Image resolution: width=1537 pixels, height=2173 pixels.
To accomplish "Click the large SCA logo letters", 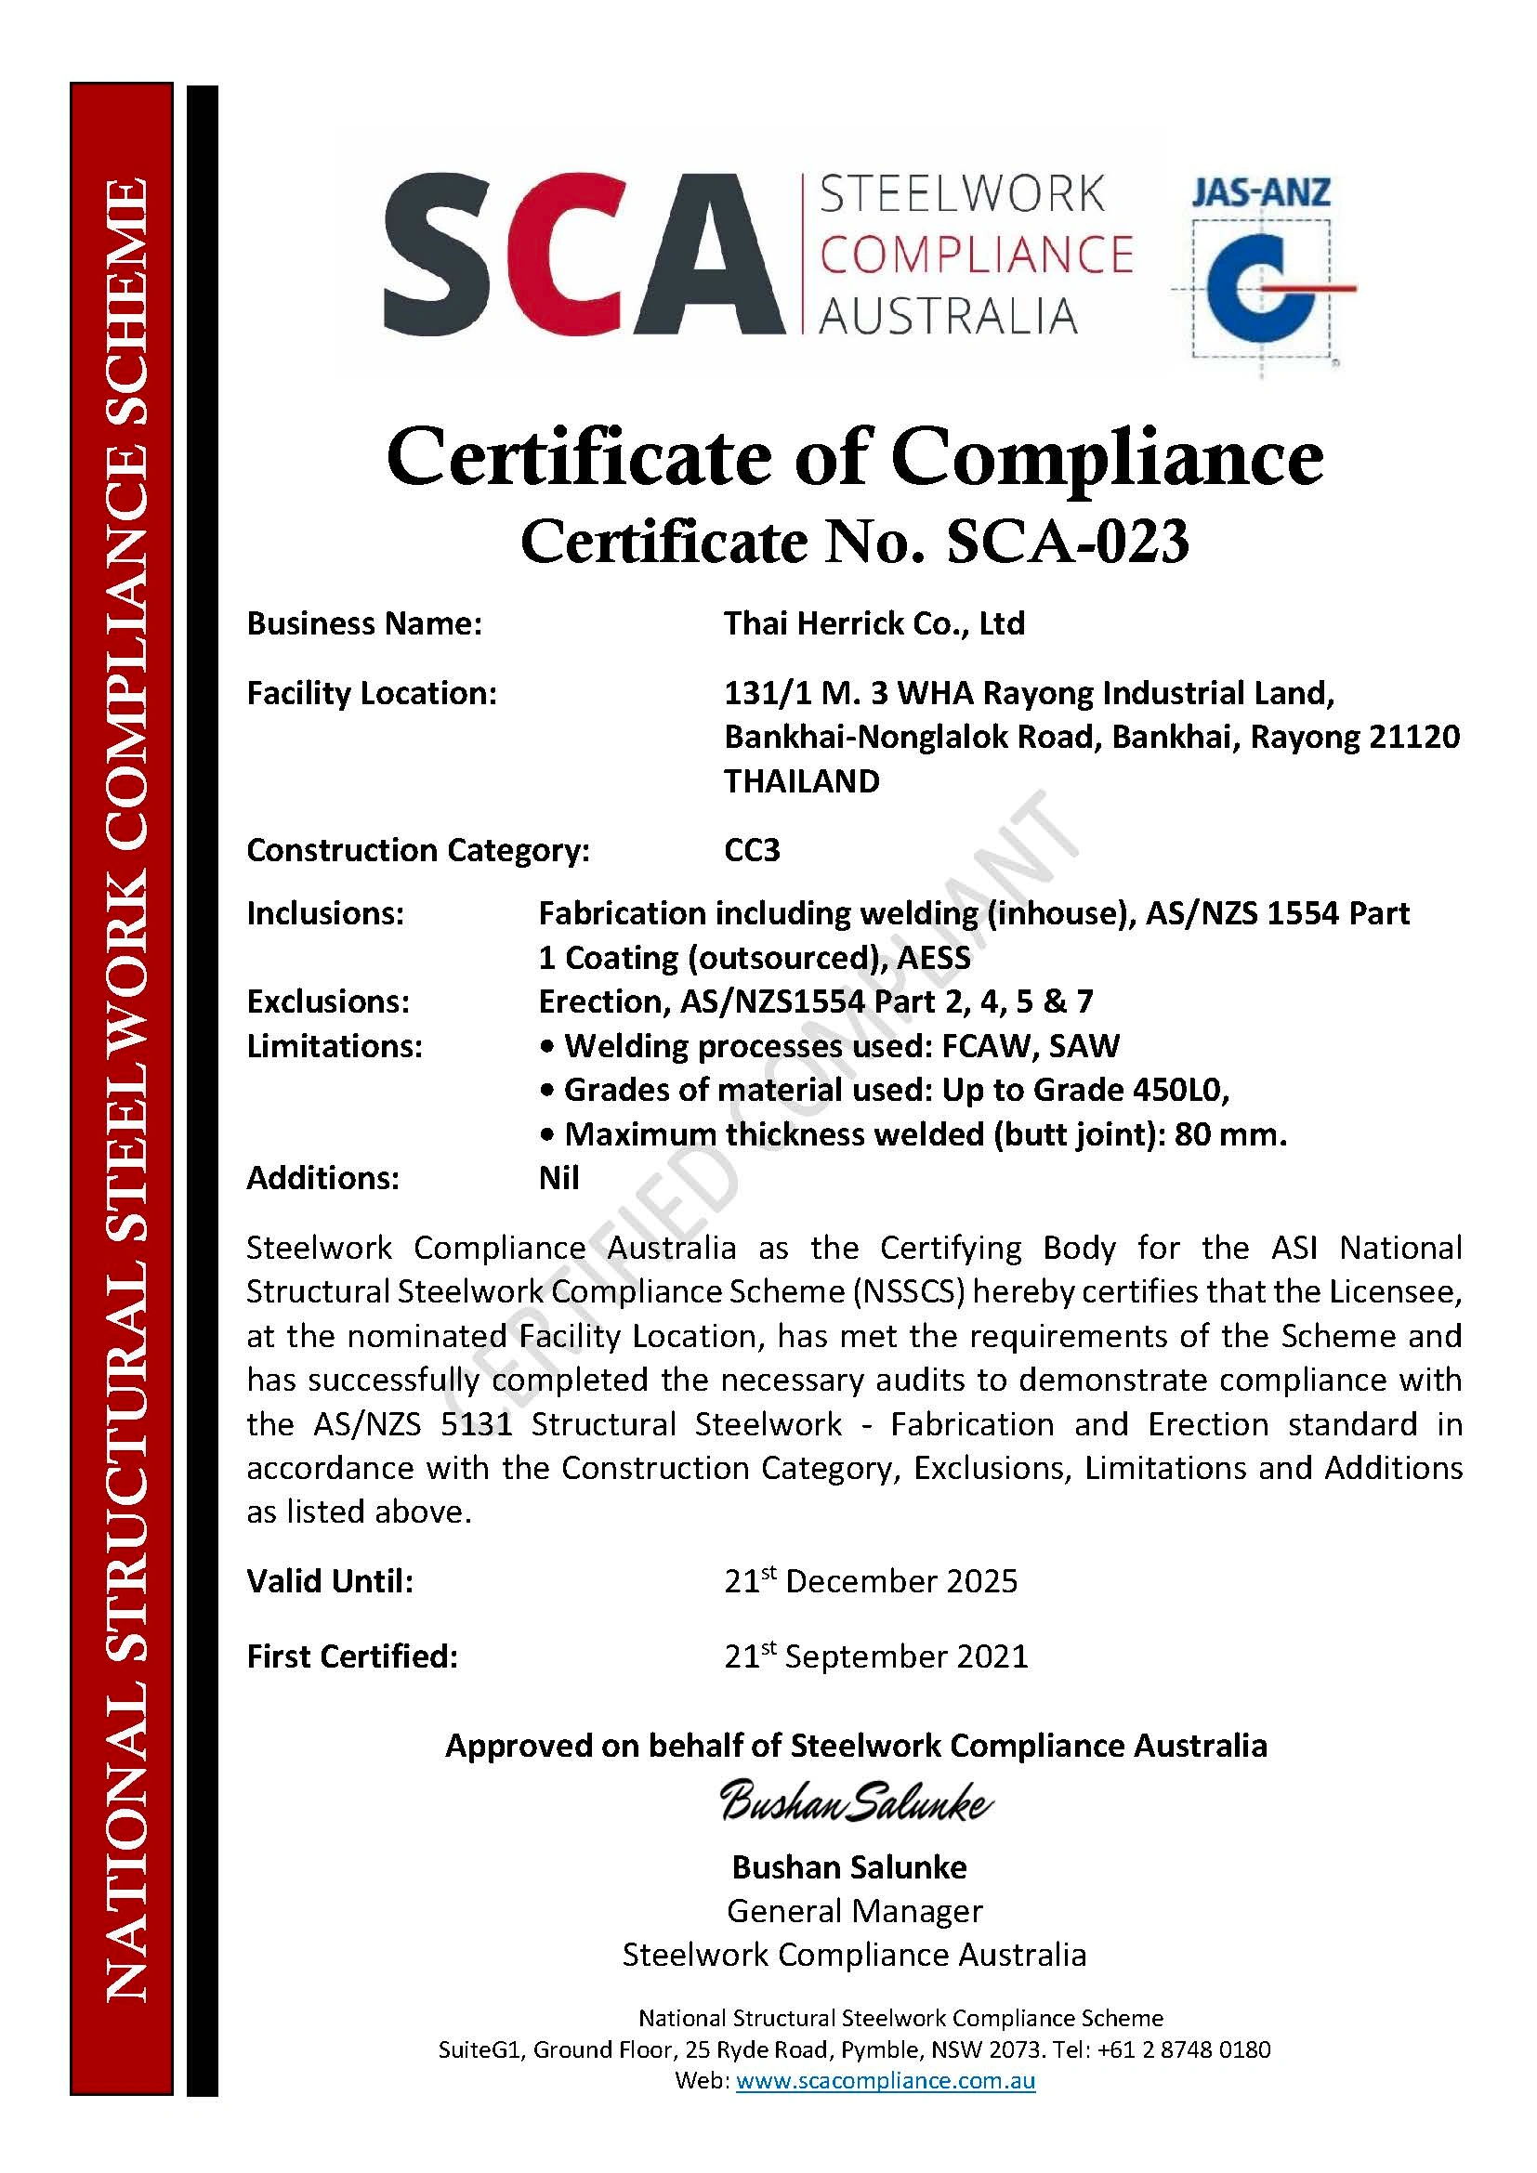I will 584,253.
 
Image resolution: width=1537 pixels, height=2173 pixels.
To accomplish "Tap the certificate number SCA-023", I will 1067,543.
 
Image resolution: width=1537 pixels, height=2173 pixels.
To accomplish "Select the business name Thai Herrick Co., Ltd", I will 874,623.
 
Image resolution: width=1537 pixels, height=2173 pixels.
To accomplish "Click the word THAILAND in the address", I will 802,780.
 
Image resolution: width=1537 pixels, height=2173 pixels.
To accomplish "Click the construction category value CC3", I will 752,850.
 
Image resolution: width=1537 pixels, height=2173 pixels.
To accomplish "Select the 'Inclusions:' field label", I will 324,913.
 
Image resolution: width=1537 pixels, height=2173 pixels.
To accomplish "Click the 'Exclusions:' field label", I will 327,1001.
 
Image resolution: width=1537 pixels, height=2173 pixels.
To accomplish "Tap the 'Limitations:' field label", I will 335,1046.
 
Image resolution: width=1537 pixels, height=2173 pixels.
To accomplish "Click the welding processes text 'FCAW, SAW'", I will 1030,1046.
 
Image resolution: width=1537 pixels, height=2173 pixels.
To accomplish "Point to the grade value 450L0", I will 1178,1091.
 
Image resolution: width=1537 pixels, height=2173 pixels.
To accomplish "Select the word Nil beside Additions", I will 558,1178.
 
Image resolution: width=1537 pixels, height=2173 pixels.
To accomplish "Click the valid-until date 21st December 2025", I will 871,1581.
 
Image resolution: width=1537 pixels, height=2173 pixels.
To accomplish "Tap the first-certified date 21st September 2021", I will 875,1656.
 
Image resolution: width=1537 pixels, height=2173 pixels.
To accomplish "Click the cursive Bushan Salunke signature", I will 856,1802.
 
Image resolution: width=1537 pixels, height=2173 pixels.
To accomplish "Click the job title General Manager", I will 855,1911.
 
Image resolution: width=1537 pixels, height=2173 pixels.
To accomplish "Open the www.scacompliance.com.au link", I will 885,2080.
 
